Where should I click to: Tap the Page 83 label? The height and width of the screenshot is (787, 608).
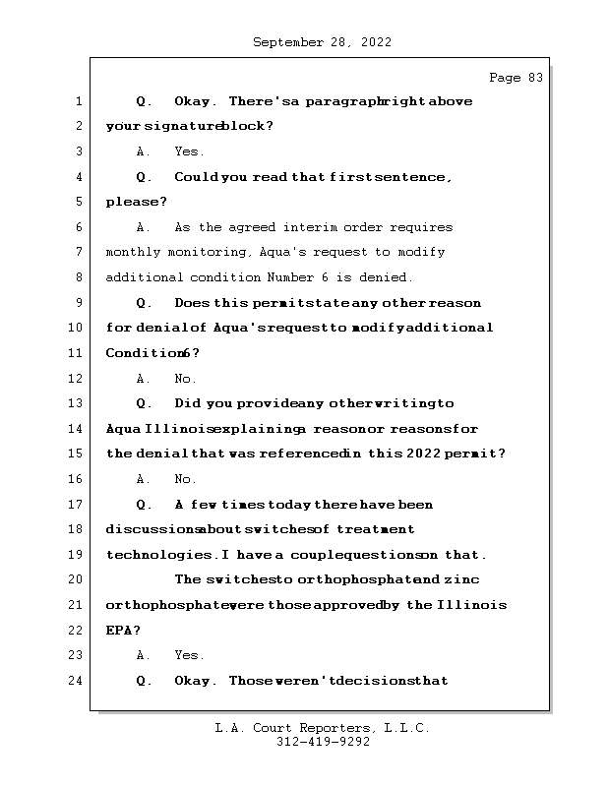pyautogui.click(x=516, y=78)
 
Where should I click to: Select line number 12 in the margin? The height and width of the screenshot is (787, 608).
pyautogui.click(x=78, y=379)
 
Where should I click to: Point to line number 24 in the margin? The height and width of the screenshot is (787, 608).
pyautogui.click(x=78, y=681)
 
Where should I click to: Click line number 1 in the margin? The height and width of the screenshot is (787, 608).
pyautogui.click(x=78, y=101)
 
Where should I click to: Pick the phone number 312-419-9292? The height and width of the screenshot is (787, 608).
pyautogui.click(x=323, y=743)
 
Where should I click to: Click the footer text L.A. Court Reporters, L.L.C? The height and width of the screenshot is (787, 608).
pyautogui.click(x=322, y=729)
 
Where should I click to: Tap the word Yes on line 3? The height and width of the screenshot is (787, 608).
pyautogui.click(x=188, y=152)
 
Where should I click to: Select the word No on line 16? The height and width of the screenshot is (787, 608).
pyautogui.click(x=185, y=479)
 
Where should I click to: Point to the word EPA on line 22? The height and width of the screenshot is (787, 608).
pyautogui.click(x=121, y=631)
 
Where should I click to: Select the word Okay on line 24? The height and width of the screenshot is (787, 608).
pyautogui.click(x=195, y=681)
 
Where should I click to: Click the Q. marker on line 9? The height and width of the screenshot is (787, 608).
pyautogui.click(x=144, y=303)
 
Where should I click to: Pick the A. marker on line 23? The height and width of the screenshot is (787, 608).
pyautogui.click(x=144, y=655)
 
